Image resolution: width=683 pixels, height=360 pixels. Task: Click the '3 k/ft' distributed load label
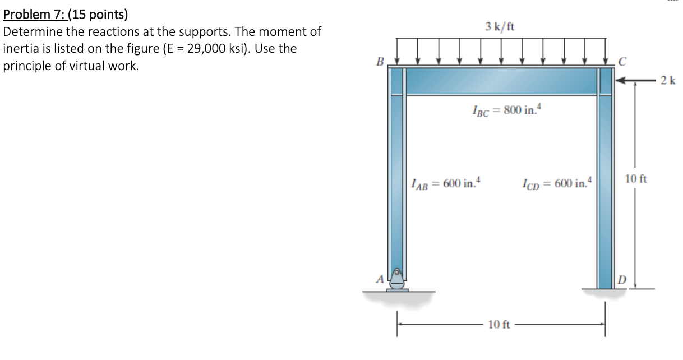(x=501, y=26)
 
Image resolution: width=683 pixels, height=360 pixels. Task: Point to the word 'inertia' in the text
(x=21, y=48)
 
